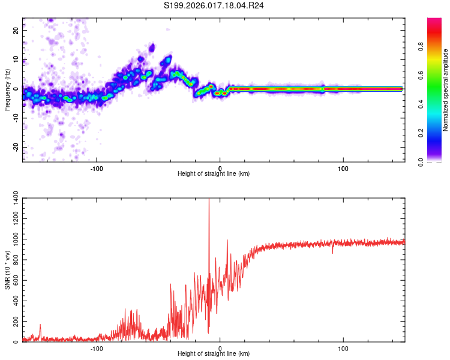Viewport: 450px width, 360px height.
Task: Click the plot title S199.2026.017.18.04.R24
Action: point(223,6)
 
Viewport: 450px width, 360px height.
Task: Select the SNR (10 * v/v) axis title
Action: point(7,270)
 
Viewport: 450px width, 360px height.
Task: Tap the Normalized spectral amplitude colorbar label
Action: point(446,90)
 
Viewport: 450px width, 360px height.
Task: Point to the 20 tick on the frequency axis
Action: point(16,29)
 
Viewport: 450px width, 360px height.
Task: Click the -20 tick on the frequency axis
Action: point(16,147)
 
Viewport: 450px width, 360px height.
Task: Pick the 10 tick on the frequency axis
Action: point(16,59)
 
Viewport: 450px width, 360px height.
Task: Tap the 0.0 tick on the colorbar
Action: point(421,162)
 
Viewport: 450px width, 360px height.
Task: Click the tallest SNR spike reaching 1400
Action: point(209,201)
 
